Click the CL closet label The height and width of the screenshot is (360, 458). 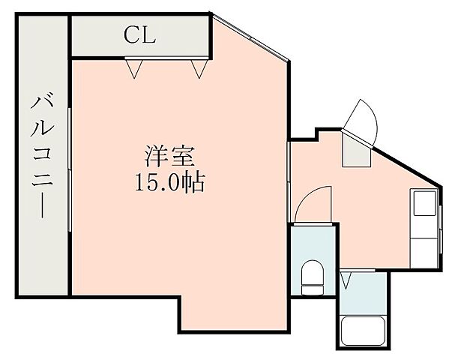[x=139, y=35]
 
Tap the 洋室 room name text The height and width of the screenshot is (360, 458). [x=169, y=157]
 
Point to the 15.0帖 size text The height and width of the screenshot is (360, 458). [x=169, y=182]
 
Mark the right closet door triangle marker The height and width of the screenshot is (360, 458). [x=198, y=69]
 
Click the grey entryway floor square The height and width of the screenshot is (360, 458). [x=355, y=151]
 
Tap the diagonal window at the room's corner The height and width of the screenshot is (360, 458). [x=250, y=38]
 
